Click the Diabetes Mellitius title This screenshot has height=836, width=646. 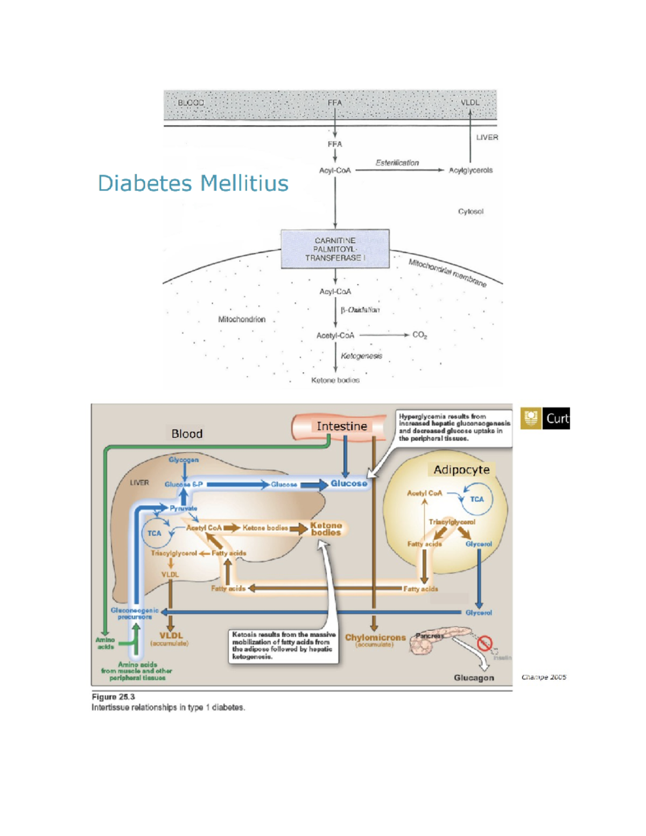pos(193,184)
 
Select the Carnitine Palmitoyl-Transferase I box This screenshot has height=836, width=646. pos(335,249)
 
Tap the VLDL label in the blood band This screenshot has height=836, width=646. pos(469,102)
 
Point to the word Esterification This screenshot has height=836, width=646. pos(397,163)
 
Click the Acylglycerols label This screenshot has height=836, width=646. pos(471,170)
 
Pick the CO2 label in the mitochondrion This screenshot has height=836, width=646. pos(419,335)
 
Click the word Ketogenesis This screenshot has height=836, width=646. pos(361,356)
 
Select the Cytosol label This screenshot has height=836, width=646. pos(471,212)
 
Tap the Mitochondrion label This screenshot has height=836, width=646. pos(242,319)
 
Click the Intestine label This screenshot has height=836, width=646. pos(341,426)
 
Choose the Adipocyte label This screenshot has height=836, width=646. pos(461,470)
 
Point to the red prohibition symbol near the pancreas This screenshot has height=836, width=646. pos(485,643)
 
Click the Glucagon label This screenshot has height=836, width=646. pos(474,678)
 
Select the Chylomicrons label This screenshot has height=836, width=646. pos(375,637)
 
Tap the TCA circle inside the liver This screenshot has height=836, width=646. pos(155,533)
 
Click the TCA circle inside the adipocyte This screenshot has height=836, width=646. pos(476,499)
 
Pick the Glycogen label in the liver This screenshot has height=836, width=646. pos(184,460)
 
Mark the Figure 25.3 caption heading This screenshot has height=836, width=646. pos(113,697)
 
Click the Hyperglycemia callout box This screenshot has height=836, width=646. pos(454,427)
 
